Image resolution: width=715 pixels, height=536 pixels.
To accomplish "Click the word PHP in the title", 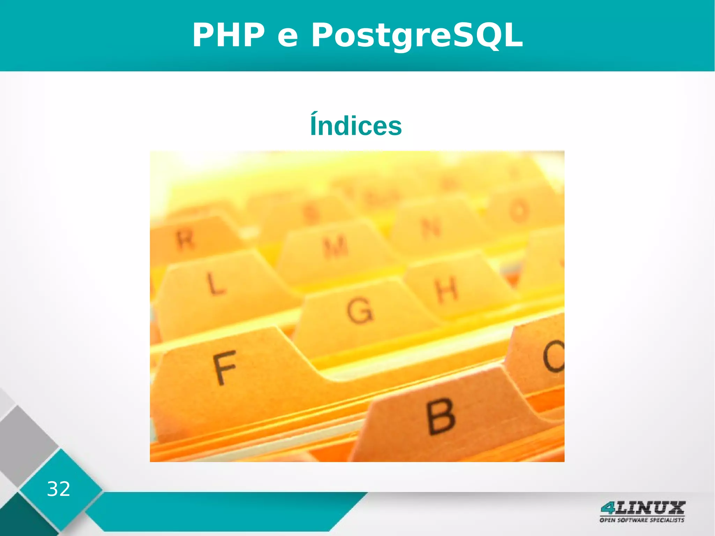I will coord(229,35).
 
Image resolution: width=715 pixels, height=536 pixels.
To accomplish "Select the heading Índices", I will coord(356,125).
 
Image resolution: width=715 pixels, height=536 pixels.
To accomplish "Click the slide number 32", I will coord(58,489).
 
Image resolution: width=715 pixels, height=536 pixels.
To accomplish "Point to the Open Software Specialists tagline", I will coord(642,520).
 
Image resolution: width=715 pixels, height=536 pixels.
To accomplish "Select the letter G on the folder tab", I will coord(360,311).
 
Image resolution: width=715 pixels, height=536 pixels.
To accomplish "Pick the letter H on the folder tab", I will coord(446,289).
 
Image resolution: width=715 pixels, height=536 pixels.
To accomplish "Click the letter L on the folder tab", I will coord(215,283).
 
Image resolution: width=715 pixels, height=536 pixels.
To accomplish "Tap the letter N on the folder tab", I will coord(432,229).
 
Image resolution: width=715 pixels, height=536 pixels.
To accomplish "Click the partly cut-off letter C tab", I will coord(553,356).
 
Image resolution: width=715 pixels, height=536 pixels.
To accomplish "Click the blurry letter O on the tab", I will coord(519,211).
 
